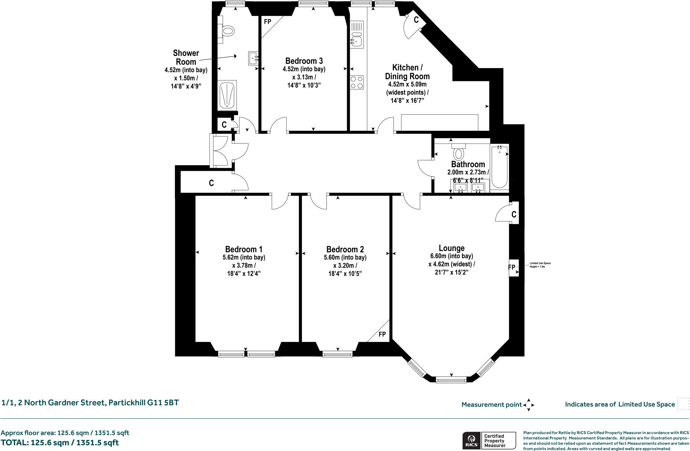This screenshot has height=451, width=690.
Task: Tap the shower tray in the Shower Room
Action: coord(227,95)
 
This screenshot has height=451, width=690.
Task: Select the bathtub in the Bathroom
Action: coord(499,167)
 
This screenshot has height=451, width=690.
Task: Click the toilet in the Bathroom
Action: coord(458,152)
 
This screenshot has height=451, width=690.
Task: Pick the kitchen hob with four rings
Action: coord(357,82)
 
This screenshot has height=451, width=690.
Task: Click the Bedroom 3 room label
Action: coord(304,61)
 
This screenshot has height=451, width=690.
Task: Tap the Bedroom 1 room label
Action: coord(244,249)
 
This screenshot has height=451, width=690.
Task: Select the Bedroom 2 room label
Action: coord(345,249)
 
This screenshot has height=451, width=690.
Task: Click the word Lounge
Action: coord(451,248)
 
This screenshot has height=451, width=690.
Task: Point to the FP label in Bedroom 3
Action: coord(268,22)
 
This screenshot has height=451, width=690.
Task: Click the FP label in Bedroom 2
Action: coord(382,334)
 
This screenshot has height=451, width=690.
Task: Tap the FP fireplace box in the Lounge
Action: coord(514,268)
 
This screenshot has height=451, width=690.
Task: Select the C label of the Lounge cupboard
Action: coord(514,214)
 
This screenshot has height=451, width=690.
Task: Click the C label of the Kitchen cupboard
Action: coord(416,20)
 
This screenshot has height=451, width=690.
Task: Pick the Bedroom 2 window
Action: coord(338,354)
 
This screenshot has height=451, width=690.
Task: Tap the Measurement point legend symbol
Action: coord(528,404)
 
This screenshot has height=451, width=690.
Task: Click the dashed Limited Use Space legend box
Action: coord(683,404)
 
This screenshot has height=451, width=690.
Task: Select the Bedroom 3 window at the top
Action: coord(313,4)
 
